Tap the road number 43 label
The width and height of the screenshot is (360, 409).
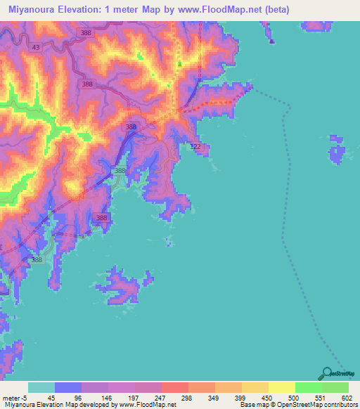tap(36, 47)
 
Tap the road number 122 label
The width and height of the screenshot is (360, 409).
tap(195, 145)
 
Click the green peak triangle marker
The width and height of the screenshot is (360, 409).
tap(179, 65)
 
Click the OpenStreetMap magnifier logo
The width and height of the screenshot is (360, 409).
tap(325, 373)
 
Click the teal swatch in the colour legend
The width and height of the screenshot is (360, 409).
tap(41, 387)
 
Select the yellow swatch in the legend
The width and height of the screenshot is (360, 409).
tap(281, 387)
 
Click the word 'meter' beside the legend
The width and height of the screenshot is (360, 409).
tap(10, 397)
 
